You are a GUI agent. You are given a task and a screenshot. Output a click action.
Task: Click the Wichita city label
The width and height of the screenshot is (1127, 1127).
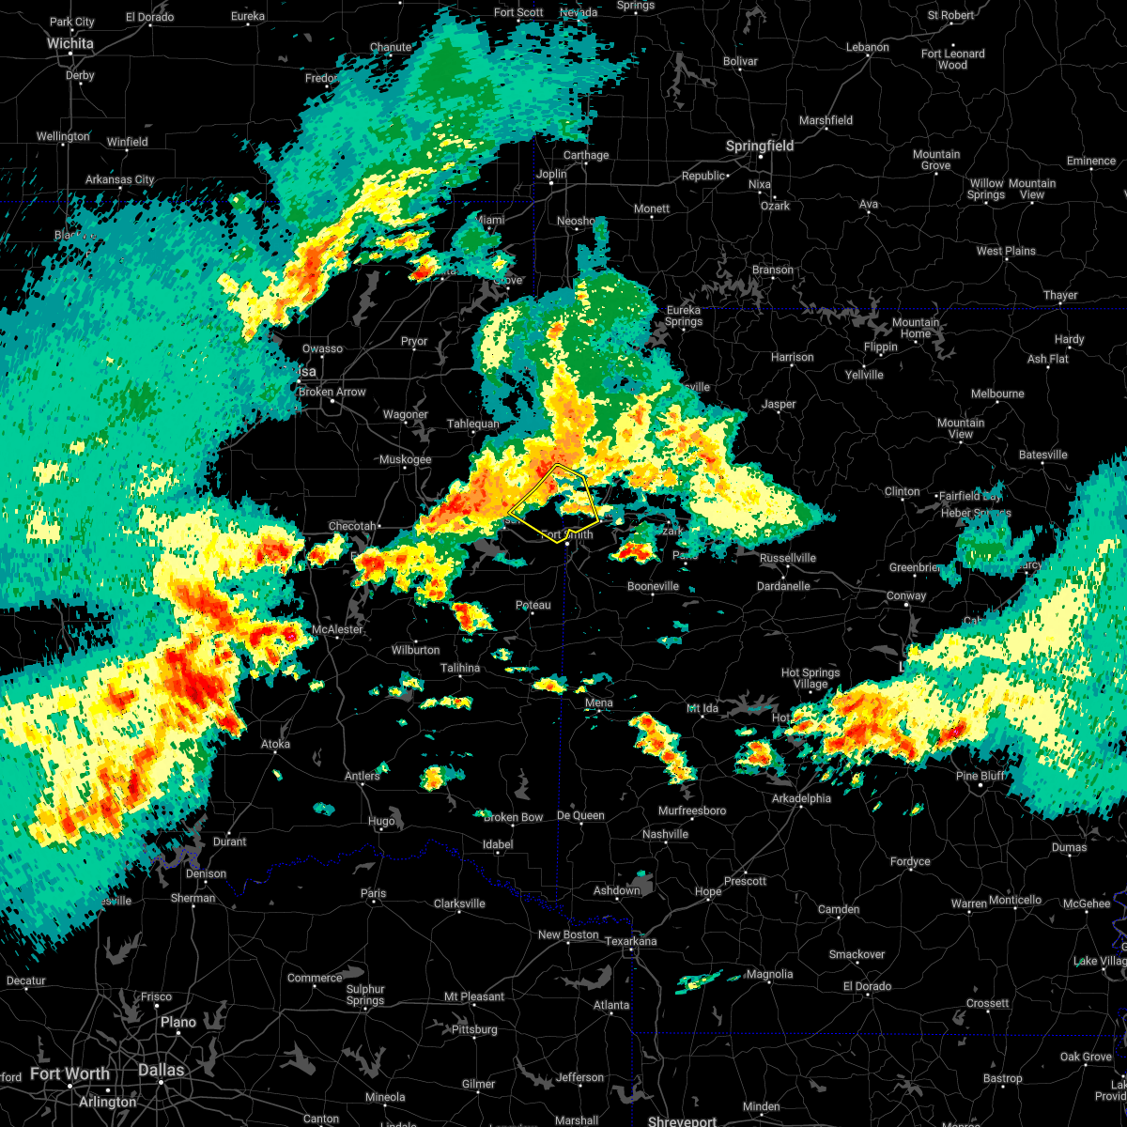coord(70,43)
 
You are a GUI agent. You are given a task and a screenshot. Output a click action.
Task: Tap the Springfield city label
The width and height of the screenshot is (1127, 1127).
coord(760,147)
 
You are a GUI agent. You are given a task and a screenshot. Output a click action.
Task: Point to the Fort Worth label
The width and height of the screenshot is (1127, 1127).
coord(69,1074)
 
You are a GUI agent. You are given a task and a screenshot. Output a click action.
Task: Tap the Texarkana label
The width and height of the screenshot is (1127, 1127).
coord(631,941)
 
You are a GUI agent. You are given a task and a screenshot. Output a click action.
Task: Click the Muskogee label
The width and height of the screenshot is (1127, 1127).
coord(405,460)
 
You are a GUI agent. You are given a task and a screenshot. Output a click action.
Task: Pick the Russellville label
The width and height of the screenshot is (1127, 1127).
coord(788,558)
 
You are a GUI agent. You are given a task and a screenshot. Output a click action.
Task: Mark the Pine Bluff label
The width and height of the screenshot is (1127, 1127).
coord(980,776)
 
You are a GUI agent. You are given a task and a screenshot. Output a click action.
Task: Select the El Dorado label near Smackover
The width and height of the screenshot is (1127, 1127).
coord(867,986)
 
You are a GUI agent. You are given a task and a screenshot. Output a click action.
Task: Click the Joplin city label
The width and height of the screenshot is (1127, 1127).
coord(551,174)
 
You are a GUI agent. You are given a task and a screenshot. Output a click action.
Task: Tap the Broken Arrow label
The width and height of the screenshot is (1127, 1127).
coord(332,392)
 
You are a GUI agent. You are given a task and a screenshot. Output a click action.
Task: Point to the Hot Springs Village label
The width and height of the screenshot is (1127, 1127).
coord(811,678)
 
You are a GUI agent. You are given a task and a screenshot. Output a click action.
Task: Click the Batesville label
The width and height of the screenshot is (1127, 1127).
coord(1042,455)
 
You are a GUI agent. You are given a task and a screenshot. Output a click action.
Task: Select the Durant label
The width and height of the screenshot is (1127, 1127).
coord(229,841)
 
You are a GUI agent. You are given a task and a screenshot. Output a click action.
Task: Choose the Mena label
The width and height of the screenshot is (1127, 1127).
coord(598,702)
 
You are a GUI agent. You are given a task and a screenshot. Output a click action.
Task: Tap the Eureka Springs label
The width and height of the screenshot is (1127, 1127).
coord(684,316)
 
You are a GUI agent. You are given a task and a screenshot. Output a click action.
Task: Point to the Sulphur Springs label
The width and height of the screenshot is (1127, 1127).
coord(365,995)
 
